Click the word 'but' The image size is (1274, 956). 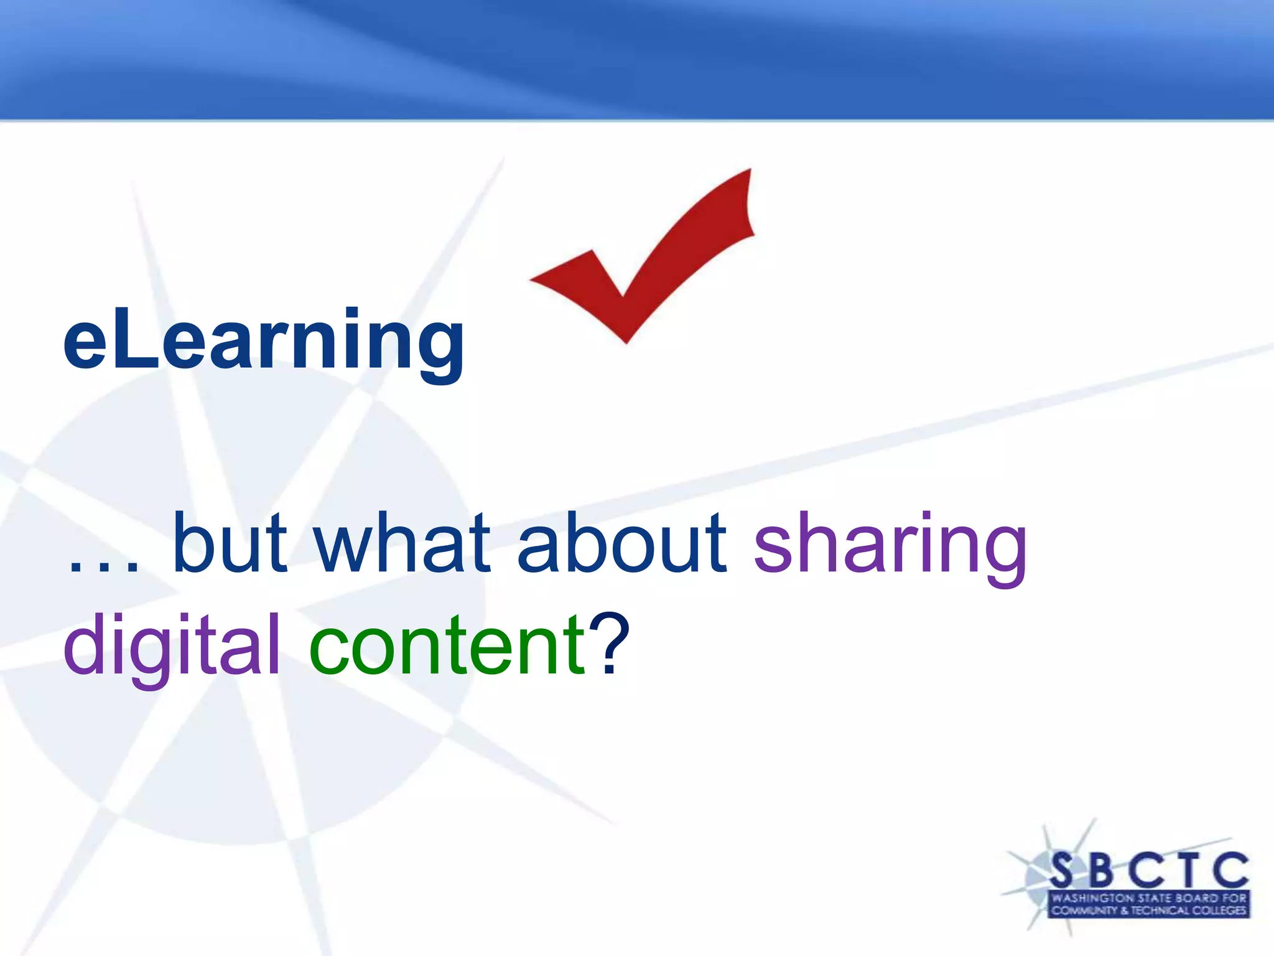230,543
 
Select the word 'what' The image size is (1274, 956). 402,543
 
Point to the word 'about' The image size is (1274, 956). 621,543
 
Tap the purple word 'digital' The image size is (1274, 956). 172,647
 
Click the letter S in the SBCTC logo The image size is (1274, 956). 1062,869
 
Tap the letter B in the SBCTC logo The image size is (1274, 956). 1101,869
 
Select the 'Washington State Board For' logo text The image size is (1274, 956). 1148,898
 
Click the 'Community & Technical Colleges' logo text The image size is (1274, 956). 1148,911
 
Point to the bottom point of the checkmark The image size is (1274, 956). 626,341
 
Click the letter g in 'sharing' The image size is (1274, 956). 1003,554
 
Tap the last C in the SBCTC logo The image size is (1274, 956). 1230,869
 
